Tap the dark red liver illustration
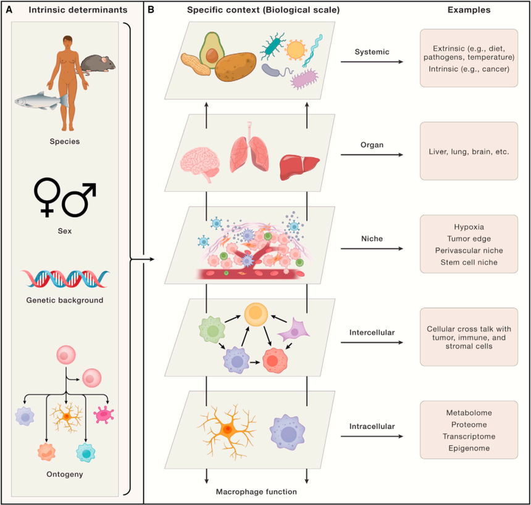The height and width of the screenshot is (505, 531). click(x=299, y=165)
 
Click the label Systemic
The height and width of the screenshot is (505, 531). click(x=373, y=52)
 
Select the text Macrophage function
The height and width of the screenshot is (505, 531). click(x=256, y=491)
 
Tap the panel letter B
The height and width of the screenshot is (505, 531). click(x=150, y=11)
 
